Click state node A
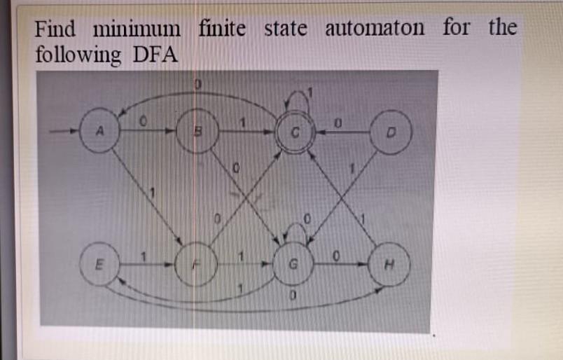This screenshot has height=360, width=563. pyautogui.click(x=98, y=130)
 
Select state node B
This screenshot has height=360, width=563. pyautogui.click(x=197, y=131)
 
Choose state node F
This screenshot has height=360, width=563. pyautogui.click(x=197, y=265)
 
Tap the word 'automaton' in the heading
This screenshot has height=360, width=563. pyautogui.click(x=375, y=29)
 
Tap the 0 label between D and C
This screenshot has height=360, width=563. pyautogui.click(x=338, y=123)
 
